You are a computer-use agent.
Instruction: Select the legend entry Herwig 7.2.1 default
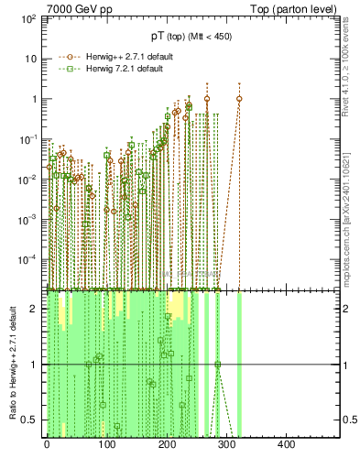tap(123, 69)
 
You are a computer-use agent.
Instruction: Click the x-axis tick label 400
tap(286, 445)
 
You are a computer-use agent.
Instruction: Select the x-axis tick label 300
tap(226, 445)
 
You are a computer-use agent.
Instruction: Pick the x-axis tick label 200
tap(167, 445)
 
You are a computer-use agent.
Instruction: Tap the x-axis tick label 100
tap(106, 445)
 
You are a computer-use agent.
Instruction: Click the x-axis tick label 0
tap(47, 445)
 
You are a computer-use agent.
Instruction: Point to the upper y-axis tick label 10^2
tap(28, 18)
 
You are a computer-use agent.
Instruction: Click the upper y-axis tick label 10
tap(30, 59)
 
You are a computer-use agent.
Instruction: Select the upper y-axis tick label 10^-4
tap(27, 259)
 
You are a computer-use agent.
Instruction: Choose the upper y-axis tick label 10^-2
tap(27, 179)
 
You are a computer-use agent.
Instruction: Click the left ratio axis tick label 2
tap(37, 309)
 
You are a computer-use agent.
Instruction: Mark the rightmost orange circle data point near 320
tap(239, 99)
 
